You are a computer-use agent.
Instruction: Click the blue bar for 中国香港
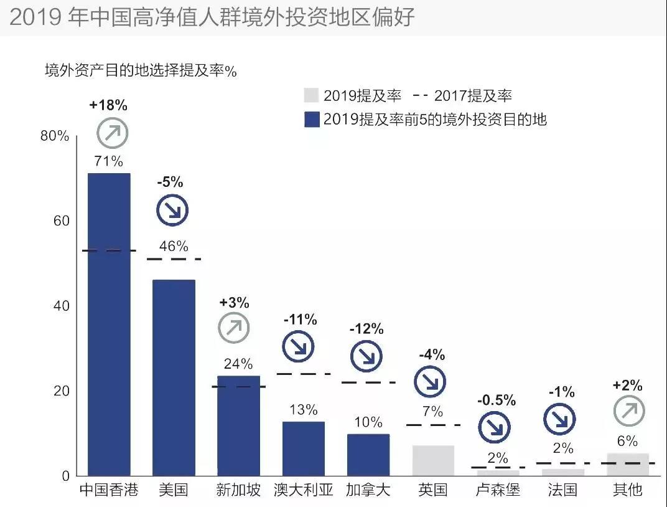[x=109, y=324]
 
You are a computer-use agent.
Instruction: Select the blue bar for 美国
[x=174, y=377]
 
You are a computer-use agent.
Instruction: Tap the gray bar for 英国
[x=433, y=460]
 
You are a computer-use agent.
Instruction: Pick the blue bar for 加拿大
[x=368, y=455]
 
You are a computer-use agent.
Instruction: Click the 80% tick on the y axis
[x=55, y=136]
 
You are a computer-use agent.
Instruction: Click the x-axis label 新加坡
[x=238, y=490]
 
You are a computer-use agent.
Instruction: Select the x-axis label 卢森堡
[x=498, y=490]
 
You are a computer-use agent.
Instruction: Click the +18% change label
[x=108, y=105]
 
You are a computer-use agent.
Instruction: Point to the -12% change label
[x=366, y=329]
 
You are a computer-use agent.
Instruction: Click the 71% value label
[x=109, y=161]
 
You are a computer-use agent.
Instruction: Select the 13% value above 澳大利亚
[x=303, y=410]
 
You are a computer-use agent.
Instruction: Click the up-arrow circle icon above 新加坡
[x=234, y=328]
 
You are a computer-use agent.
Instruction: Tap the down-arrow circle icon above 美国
[x=172, y=211]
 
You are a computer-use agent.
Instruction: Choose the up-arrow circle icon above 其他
[x=629, y=410]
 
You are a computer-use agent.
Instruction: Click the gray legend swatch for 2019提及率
[x=311, y=95]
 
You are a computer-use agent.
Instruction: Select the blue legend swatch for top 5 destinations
[x=311, y=119]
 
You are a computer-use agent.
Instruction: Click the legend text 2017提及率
[x=473, y=95]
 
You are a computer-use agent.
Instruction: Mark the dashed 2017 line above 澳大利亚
[x=303, y=374]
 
